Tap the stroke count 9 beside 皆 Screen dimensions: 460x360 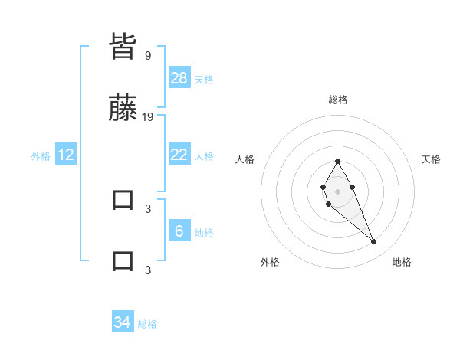coord(148,55)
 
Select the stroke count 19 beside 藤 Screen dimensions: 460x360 coord(148,116)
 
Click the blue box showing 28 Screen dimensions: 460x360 coord(179,78)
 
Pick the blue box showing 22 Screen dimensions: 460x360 coord(179,155)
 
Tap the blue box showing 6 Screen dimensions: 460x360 coord(179,231)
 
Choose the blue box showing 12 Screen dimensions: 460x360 coord(66,155)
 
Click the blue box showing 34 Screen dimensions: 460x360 coord(123,322)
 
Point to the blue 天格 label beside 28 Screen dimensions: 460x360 coord(204,80)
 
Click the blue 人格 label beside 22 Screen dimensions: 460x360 coord(204,156)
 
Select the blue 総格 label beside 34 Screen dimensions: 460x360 coord(147,324)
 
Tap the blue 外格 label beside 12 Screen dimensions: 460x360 coord(41,156)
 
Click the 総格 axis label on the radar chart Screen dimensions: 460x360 coord(338,100)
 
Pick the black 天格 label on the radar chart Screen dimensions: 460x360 coord(432,159)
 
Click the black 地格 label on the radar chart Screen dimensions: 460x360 coord(402,262)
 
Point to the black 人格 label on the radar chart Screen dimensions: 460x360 coord(245,159)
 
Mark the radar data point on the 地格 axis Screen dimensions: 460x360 coord(373,242)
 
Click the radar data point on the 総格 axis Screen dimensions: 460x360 coord(337,161)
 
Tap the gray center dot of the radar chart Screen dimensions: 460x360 coord(337,190)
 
